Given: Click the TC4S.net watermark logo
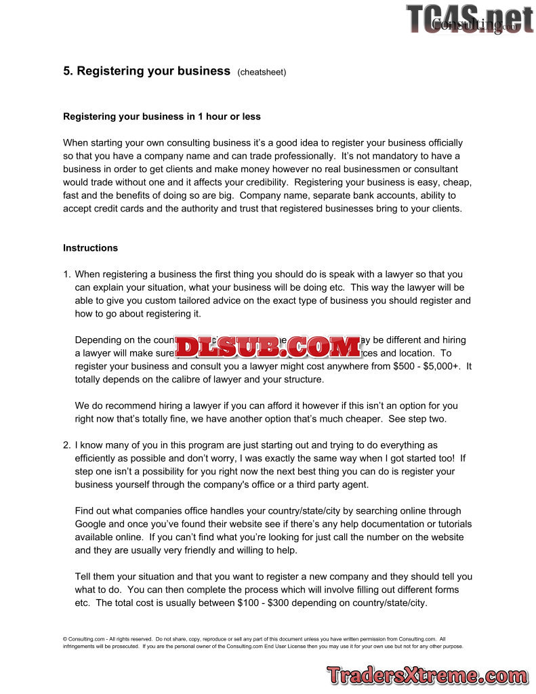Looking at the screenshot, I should pos(470,18).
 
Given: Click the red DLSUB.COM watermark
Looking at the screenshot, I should pos(268,347).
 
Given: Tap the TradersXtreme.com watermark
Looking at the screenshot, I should pos(426,676).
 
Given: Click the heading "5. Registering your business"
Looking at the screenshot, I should pos(147,71).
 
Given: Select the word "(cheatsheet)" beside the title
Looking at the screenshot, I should pos(262,73).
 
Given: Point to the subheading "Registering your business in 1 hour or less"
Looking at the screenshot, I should pos(162,117).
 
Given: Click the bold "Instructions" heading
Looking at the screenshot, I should pos(90,248).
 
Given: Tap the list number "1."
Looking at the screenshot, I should pos(66,274).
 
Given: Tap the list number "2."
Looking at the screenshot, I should pos(66,445).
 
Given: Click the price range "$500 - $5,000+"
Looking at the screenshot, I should pos(427,367).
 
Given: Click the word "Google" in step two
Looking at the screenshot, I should pos(91,524).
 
